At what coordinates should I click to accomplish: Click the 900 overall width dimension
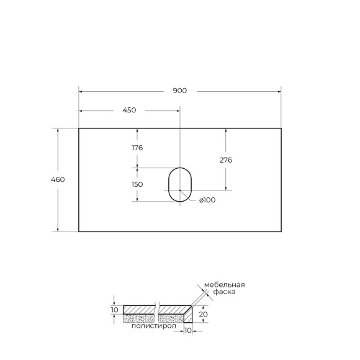179,91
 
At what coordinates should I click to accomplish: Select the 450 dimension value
129,110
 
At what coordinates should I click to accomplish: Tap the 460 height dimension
58,179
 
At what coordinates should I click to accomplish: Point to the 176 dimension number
137,148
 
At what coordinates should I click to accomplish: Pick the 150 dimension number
137,184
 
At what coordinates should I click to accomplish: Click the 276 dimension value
226,160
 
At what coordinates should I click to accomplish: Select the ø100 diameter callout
207,200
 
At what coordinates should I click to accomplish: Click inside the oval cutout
180,184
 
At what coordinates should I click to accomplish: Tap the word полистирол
153,325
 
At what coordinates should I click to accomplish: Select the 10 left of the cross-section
114,310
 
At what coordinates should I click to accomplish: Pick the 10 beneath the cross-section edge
188,331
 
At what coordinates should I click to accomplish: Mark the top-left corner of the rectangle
79,128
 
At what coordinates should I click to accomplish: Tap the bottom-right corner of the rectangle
281,232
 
